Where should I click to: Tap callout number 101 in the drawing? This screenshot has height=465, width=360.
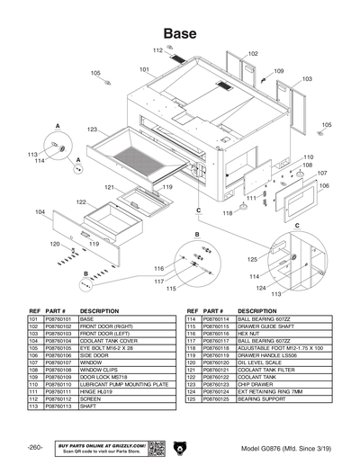[144, 69]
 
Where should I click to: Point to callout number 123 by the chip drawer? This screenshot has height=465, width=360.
[92, 130]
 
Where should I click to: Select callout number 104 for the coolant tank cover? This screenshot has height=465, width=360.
[40, 211]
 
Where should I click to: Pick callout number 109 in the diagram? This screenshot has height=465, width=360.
[278, 71]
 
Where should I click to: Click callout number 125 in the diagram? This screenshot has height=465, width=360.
[239, 259]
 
